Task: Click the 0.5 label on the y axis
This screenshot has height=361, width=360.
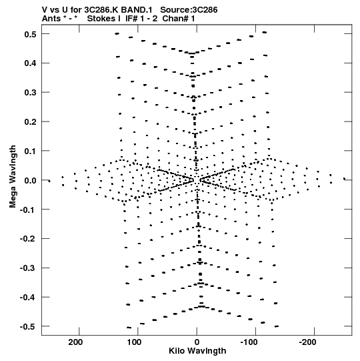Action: coord(31,34)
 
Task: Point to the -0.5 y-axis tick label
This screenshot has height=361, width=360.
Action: coord(28,327)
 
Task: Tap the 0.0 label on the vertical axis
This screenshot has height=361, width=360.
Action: coord(31,180)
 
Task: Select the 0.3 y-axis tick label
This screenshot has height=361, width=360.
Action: coord(31,93)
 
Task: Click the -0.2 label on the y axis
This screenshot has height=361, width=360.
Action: coord(28,239)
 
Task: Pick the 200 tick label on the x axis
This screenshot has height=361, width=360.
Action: coord(75,342)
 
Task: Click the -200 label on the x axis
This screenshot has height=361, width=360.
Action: coord(307,342)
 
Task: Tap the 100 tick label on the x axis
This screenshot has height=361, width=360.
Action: coord(135,342)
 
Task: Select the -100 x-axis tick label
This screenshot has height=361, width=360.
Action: coord(249,342)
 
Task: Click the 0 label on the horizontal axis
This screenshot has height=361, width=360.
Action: coord(197,342)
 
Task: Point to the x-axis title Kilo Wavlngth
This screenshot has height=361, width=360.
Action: coord(197,351)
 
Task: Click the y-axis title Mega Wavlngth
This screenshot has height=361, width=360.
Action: coord(13,177)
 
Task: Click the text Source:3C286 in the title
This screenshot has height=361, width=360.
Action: coord(189,10)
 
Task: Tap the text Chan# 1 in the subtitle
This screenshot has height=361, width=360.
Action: coord(179,19)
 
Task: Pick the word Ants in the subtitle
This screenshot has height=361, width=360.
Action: coord(51,19)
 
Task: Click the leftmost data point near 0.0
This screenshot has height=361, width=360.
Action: coord(49,182)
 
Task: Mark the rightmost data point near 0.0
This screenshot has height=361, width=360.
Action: coord(345,179)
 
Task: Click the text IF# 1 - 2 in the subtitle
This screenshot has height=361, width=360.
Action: coord(141,19)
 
